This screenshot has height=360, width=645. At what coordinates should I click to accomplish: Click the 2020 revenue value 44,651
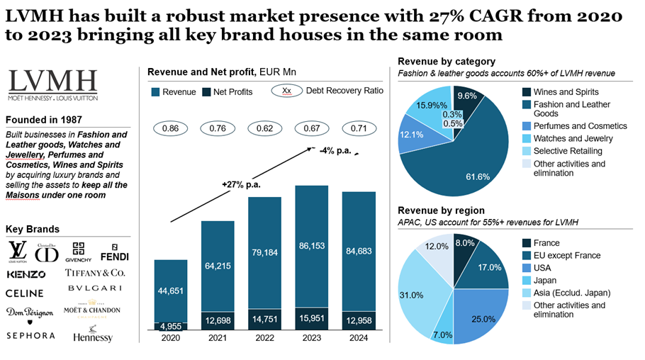[170, 292]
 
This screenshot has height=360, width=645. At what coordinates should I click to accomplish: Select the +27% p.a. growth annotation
[242, 184]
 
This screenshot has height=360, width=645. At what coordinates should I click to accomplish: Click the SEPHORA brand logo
[30, 335]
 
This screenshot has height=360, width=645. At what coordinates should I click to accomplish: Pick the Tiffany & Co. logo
[95, 273]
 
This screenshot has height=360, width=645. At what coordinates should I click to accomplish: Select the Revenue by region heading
[442, 210]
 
